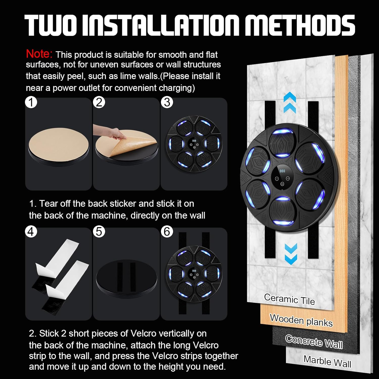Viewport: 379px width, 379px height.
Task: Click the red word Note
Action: pyautogui.click(x=39, y=54)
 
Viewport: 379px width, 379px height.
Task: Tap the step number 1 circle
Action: pyautogui.click(x=31, y=103)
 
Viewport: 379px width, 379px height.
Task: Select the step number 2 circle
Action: pyautogui.click(x=99, y=103)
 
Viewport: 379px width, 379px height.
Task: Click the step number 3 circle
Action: pyautogui.click(x=167, y=103)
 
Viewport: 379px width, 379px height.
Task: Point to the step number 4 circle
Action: pyautogui.click(x=31, y=232)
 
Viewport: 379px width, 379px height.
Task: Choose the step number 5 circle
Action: pyautogui.click(x=99, y=232)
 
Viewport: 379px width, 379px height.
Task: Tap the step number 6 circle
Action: pyautogui.click(x=167, y=232)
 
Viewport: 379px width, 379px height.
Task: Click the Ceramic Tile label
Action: pyautogui.click(x=289, y=299)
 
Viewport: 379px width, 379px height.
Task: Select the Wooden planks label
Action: pyautogui.click(x=301, y=320)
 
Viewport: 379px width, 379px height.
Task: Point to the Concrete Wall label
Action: pyautogui.click(x=314, y=342)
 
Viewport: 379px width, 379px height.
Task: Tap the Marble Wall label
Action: pyautogui.click(x=327, y=361)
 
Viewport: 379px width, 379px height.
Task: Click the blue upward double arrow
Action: pyautogui.click(x=290, y=102)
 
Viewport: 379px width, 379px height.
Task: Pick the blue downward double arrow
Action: pyautogui.click(x=291, y=254)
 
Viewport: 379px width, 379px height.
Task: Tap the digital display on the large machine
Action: pyautogui.click(x=282, y=171)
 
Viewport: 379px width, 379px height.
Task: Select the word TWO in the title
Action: pyautogui.click(x=51, y=25)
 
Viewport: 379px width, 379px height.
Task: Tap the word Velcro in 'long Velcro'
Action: pyautogui.click(x=205, y=345)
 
